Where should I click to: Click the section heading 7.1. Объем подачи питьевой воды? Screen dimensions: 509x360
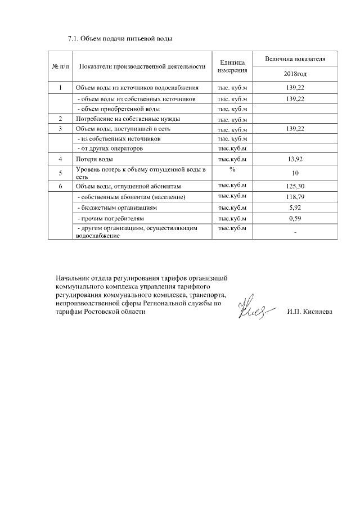coord(119,39)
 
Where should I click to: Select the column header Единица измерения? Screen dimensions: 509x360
coord(232,66)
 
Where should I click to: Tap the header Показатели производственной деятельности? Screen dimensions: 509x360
coord(142,66)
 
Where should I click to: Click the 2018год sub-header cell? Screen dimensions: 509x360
coord(295,74)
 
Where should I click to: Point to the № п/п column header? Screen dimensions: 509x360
coord(60,66)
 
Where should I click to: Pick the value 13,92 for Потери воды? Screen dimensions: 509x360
coord(295,160)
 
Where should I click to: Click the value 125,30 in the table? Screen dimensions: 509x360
coord(295,186)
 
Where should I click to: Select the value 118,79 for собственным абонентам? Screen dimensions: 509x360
coord(295,197)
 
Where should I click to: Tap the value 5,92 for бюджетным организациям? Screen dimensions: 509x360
coord(295,208)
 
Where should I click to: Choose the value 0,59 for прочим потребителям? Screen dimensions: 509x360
coord(295,218)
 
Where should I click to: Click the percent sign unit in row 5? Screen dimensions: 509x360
coord(232,169)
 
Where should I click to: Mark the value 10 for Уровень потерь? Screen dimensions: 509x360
coord(295,173)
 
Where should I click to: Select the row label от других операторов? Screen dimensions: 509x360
coord(110,148)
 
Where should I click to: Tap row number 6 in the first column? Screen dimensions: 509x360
coord(60,186)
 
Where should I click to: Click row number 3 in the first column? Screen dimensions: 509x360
coord(60,129)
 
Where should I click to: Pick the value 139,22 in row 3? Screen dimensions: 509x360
coord(295,129)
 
